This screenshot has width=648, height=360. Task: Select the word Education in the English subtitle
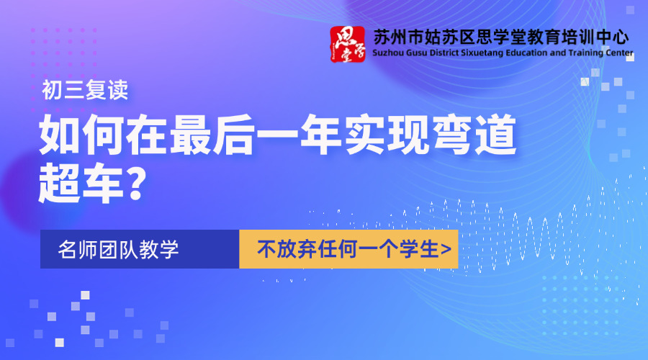click(x=520, y=53)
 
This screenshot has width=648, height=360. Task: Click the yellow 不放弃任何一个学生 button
click(x=348, y=249)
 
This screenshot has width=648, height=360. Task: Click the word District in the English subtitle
click(x=448, y=53)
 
